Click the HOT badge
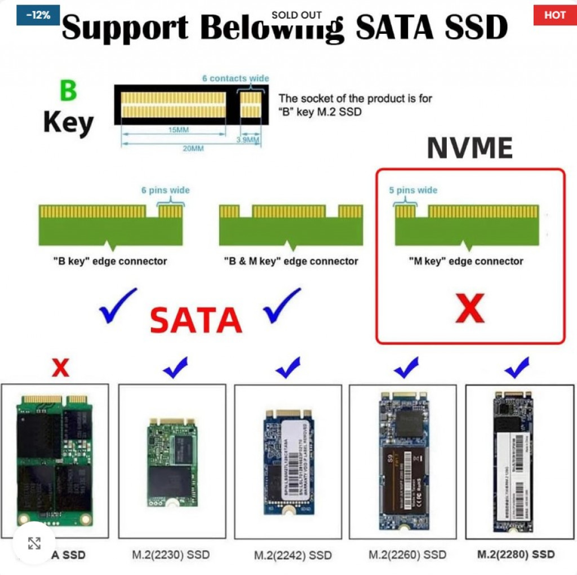click(554, 15)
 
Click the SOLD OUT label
click(296, 15)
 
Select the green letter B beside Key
click(68, 91)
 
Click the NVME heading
click(469, 148)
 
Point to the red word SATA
click(196, 321)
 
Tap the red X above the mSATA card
click(60, 368)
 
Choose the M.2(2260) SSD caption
click(407, 555)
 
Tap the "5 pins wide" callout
click(413, 191)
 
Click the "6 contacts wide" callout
click(236, 78)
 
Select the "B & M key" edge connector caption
click(291, 261)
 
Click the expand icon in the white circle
click(34, 543)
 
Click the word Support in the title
click(126, 28)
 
